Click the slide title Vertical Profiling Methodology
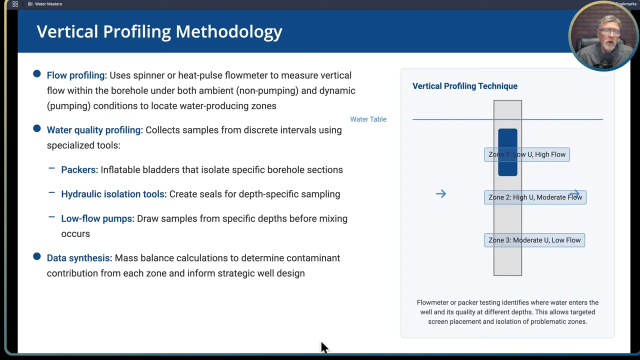click(x=159, y=31)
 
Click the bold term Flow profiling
click(x=76, y=75)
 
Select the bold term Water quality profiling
click(x=94, y=130)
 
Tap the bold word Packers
click(x=79, y=170)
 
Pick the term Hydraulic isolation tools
click(x=113, y=194)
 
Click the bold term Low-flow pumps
click(x=97, y=218)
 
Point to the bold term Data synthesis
click(x=79, y=258)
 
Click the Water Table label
click(x=368, y=119)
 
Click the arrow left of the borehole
click(x=440, y=194)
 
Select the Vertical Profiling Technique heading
click(x=464, y=86)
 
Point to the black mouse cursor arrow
click(x=323, y=347)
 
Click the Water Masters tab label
click(x=48, y=4)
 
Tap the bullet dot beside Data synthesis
click(x=37, y=257)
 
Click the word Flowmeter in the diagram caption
click(x=432, y=302)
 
